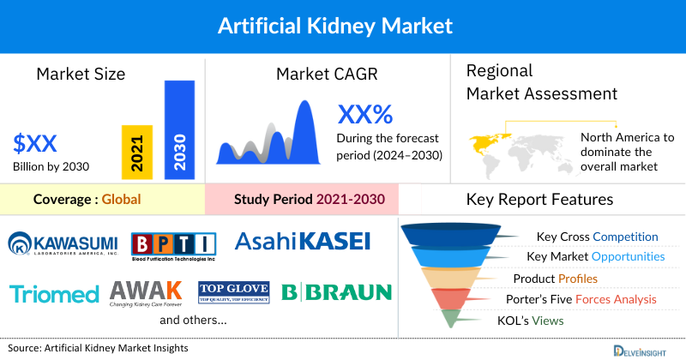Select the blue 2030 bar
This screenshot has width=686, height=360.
[x=179, y=130]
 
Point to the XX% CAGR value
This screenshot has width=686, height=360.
[x=364, y=113]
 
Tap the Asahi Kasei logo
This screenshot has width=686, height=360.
[x=302, y=242]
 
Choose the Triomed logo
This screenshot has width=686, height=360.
[x=54, y=295]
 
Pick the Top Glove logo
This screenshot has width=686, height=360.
[x=233, y=292]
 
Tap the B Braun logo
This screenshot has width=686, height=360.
[x=336, y=292]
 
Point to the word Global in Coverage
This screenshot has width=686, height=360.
[x=121, y=200]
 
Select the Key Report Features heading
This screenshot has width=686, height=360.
[x=539, y=200]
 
